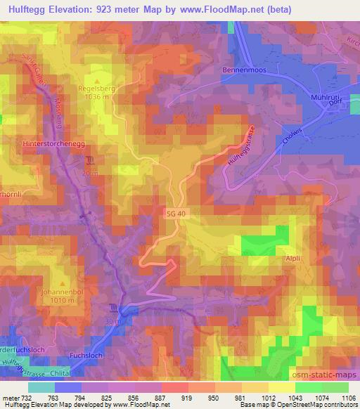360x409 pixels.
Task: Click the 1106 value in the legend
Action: (348, 398)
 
